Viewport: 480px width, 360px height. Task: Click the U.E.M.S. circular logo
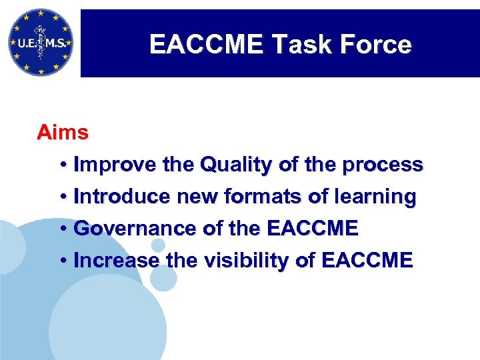click(x=40, y=42)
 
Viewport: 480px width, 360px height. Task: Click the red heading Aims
click(x=62, y=132)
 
